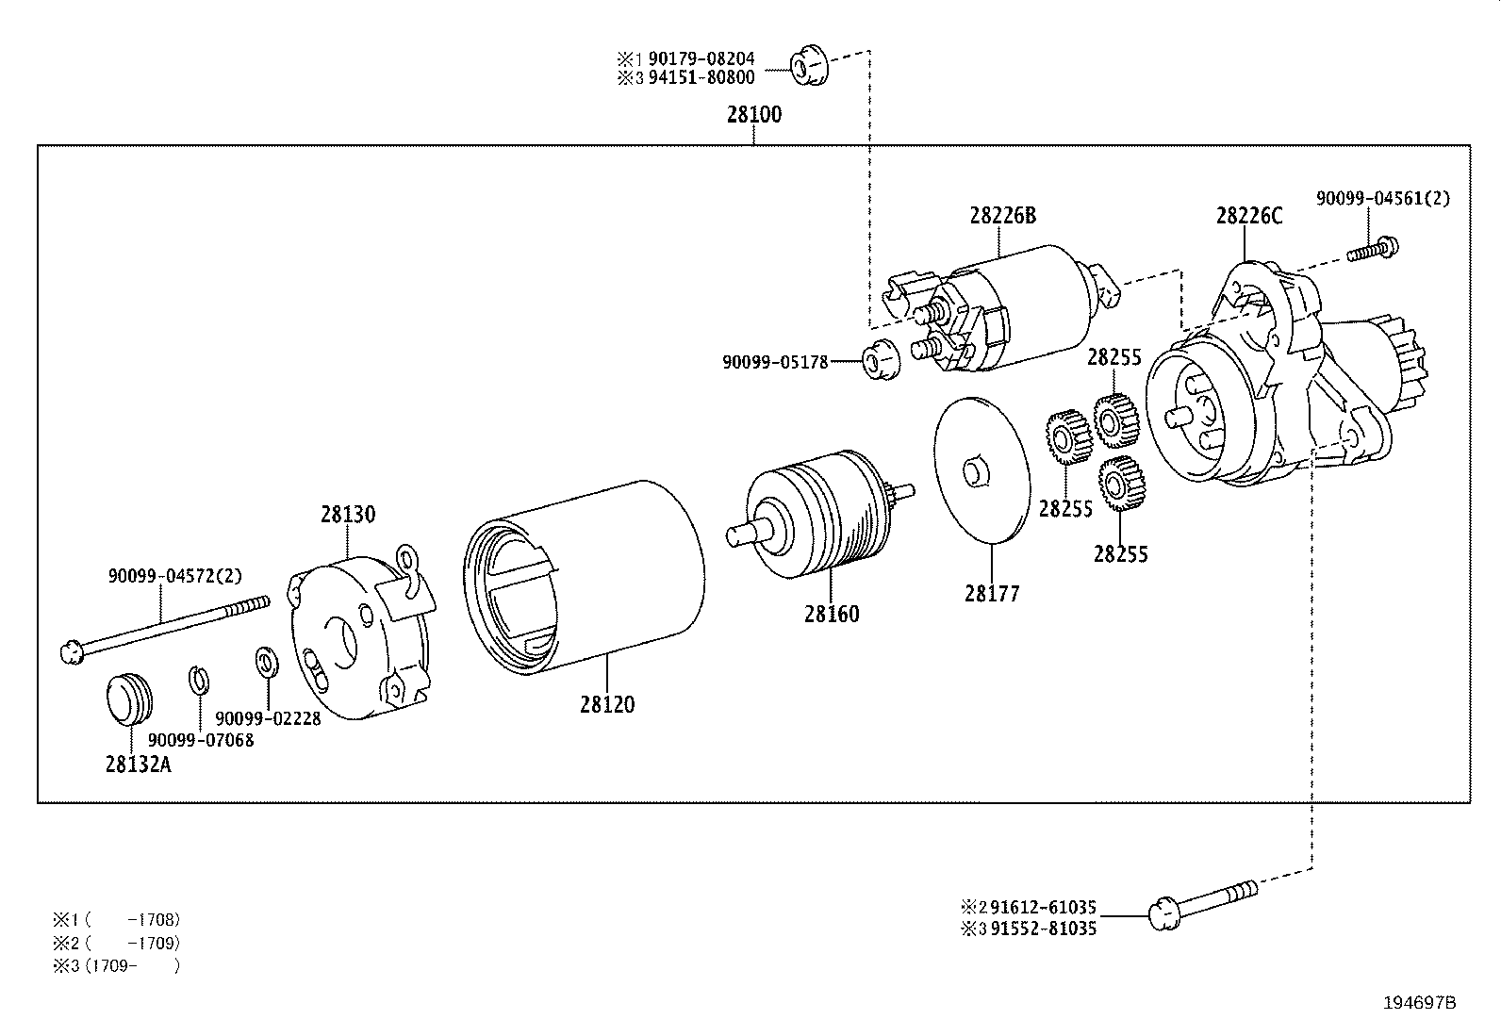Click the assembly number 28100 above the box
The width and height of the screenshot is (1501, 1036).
pos(753,115)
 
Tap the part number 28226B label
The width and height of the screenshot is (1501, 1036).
pos(1001,216)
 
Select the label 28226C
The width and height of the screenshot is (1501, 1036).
pos(1248,216)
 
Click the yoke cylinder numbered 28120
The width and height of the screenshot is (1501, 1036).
pos(585,577)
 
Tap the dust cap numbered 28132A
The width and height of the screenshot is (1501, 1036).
pos(126,701)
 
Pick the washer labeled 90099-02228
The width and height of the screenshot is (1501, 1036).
pos(266,662)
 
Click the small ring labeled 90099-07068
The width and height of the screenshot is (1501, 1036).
pos(199,680)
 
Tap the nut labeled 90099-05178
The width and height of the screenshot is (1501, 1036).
pos(881,359)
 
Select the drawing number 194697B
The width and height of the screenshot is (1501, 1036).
pos(1419,1003)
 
